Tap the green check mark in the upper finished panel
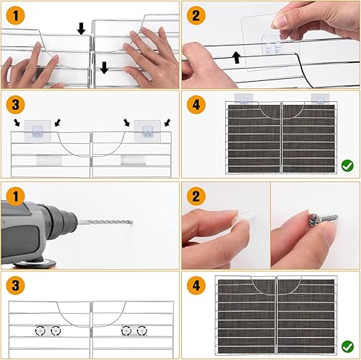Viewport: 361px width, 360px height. (347, 166)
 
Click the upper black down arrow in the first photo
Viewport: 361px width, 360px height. (82, 28)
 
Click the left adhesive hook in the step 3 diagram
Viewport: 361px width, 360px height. (35, 129)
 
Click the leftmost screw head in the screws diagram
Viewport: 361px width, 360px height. (38, 330)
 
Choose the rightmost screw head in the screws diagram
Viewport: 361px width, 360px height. (141, 330)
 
